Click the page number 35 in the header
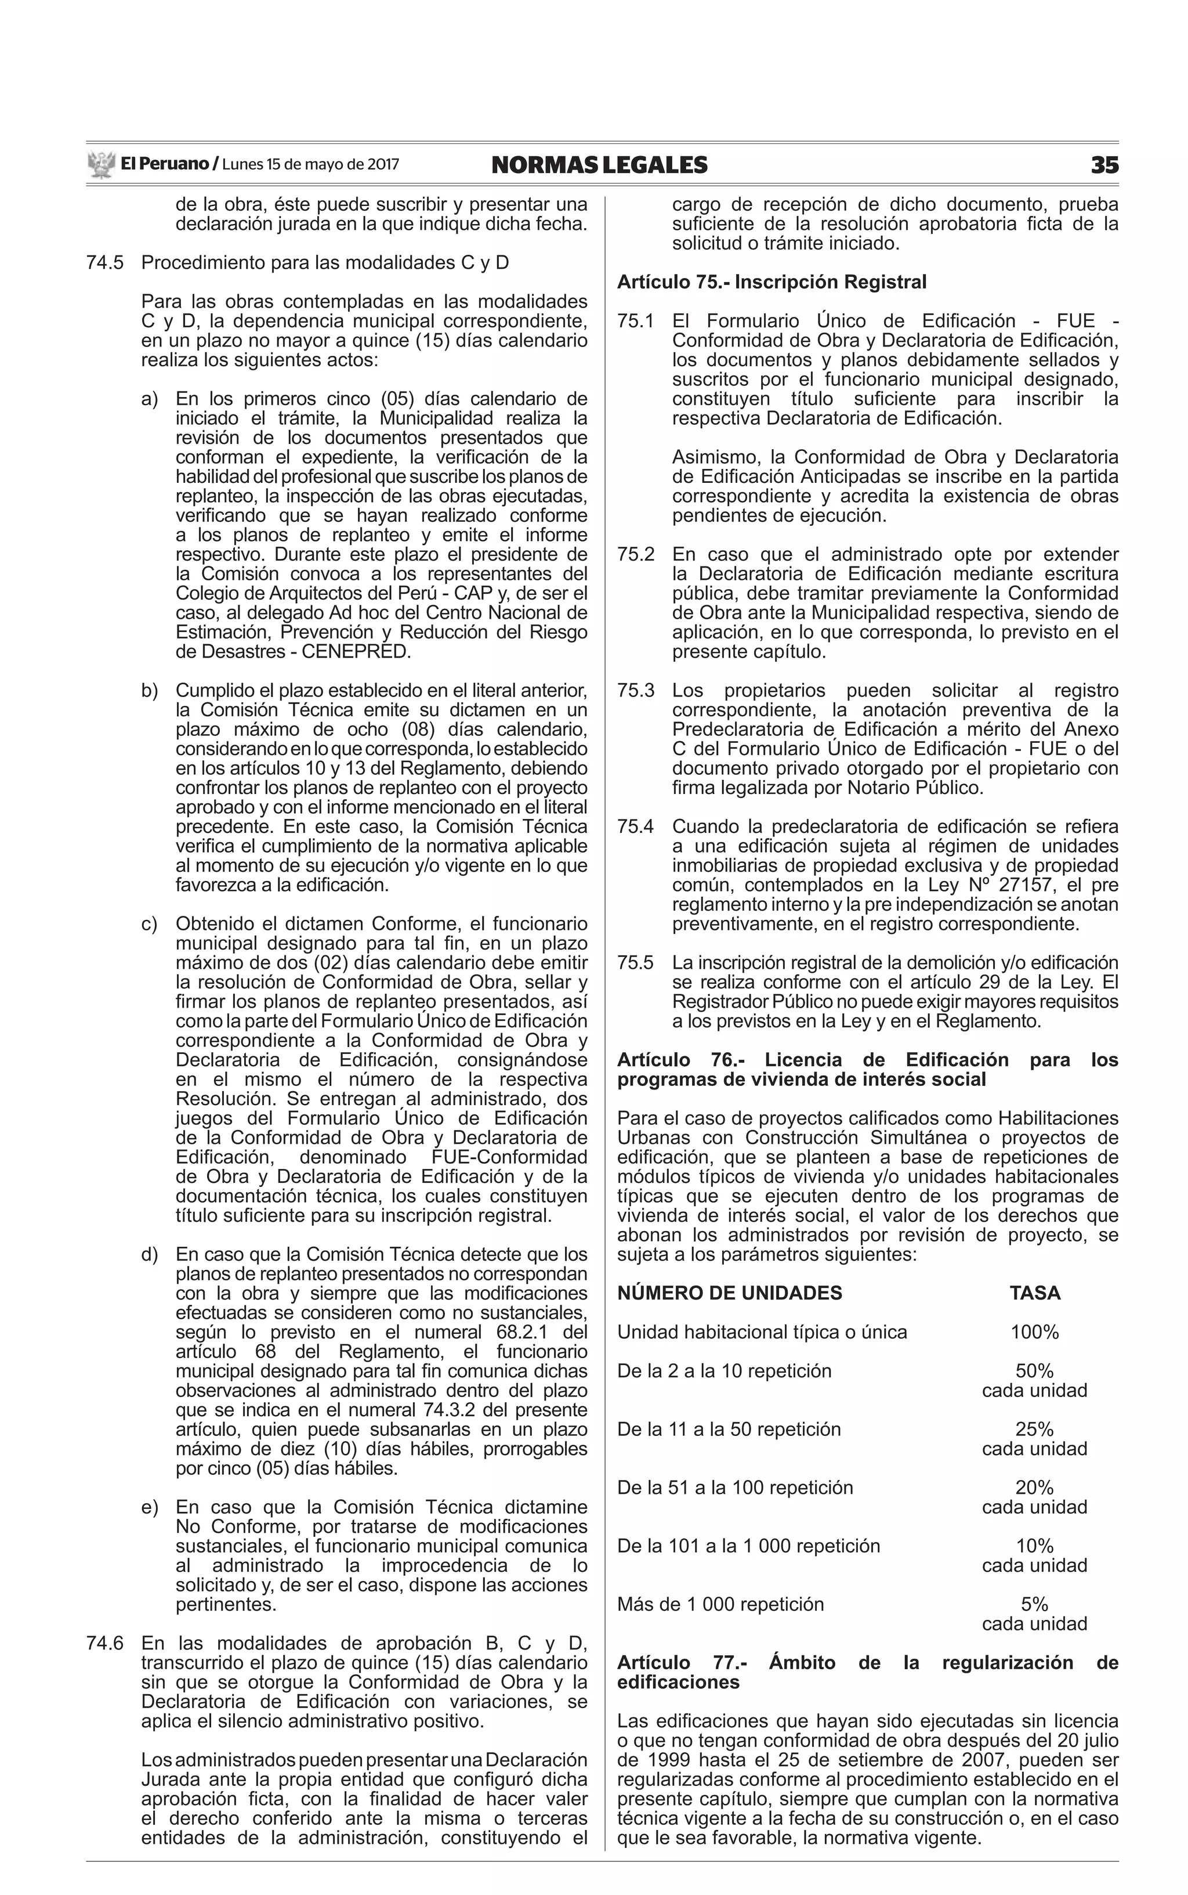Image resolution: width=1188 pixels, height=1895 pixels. (x=1103, y=165)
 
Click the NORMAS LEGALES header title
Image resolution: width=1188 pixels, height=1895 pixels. (x=599, y=165)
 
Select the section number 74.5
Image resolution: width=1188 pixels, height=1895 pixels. (x=106, y=262)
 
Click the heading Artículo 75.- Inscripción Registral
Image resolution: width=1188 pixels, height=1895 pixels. (x=772, y=282)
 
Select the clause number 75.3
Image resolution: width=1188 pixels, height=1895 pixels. (x=636, y=691)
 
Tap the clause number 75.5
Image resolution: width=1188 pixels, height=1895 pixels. (x=636, y=963)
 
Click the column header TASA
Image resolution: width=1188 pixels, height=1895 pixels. (x=1034, y=1293)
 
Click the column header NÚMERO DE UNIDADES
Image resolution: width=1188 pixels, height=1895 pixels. (x=729, y=1293)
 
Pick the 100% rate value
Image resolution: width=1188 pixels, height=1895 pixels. (x=1034, y=1332)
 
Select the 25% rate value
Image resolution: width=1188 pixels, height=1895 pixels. (x=1034, y=1429)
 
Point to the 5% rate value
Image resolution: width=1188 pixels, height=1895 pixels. (x=1034, y=1604)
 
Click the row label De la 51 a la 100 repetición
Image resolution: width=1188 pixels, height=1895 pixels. (x=734, y=1487)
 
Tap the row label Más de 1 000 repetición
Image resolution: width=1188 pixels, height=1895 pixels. (x=720, y=1604)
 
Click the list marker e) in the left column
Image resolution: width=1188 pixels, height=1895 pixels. (x=149, y=1507)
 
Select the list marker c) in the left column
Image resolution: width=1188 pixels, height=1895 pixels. (x=149, y=923)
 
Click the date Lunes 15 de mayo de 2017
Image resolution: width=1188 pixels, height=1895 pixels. (x=310, y=165)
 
